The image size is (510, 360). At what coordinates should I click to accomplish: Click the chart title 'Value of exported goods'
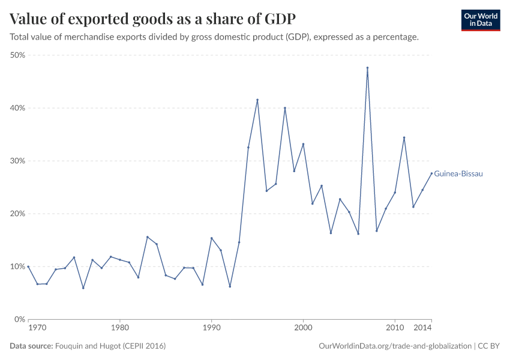pos(152,19)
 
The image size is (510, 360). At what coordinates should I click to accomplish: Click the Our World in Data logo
pos(480,20)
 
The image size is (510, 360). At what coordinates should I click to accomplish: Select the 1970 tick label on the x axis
pos(37,328)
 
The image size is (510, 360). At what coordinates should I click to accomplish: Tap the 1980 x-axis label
pos(120,328)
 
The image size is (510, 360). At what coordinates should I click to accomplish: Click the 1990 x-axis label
pos(211,328)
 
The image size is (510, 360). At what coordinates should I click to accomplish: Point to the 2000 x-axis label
pos(303,328)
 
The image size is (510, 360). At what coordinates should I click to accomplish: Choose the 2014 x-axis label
pos(422,328)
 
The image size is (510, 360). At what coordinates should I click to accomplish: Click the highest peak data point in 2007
pos(367,68)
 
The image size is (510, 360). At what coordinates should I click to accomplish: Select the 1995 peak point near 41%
pos(257,100)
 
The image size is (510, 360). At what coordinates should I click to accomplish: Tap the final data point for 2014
pos(431,173)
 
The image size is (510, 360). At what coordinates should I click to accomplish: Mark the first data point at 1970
pos(28,266)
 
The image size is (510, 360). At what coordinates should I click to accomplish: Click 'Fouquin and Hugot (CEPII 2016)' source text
pos(110,346)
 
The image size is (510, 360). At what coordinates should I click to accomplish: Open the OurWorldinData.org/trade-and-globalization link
pos(396,346)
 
